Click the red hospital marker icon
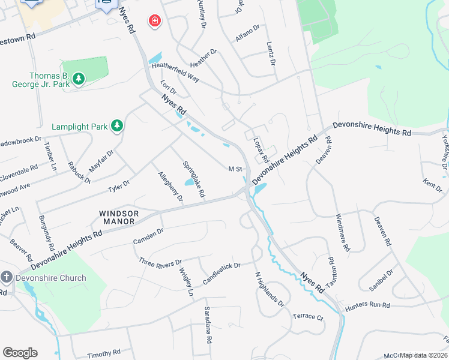(x=155, y=21)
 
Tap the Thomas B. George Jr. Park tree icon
(x=78, y=79)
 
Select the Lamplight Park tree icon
(x=118, y=125)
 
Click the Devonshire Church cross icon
(x=7, y=277)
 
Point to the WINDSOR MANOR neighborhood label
(x=119, y=217)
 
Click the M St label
(x=235, y=169)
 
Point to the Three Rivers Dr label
(x=160, y=263)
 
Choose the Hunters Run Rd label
(x=367, y=305)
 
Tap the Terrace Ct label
(x=308, y=316)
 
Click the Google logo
(x=20, y=353)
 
